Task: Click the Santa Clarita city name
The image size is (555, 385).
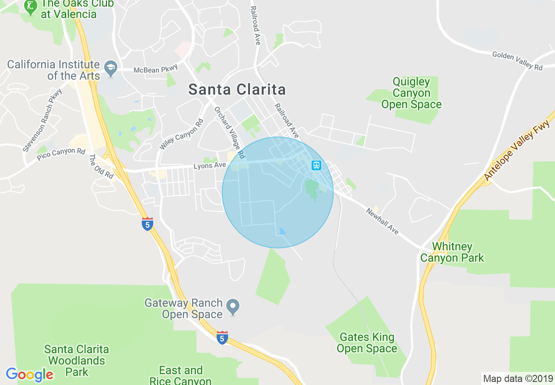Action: [x=237, y=90]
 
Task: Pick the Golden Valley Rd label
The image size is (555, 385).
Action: [x=517, y=60]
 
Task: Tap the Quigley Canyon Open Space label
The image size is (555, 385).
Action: [x=411, y=93]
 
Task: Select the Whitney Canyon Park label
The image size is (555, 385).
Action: [x=452, y=252]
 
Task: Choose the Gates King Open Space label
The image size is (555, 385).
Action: [x=367, y=343]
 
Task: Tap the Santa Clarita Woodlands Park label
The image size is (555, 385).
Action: [x=77, y=360]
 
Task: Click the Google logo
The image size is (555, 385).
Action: [x=30, y=374]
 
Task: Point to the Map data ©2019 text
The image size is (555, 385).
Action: [x=517, y=378]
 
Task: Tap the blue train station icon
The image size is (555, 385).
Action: [x=316, y=165]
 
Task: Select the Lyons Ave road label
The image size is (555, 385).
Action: [x=210, y=165]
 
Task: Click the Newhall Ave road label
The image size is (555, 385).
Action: [x=383, y=221]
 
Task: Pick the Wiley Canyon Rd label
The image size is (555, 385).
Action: [x=182, y=135]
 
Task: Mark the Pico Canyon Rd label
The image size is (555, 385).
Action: [x=61, y=154]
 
